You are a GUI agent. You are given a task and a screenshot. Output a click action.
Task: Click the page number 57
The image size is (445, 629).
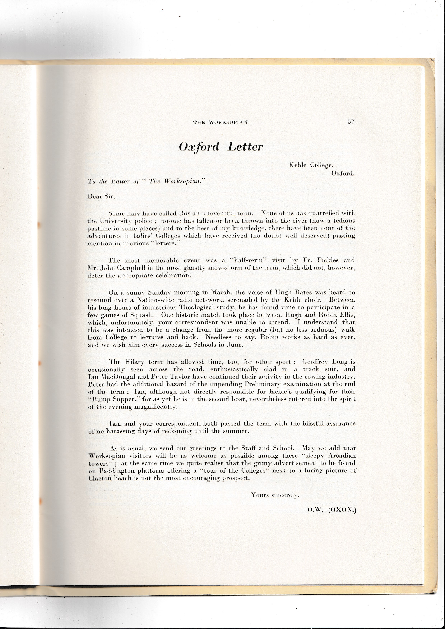tap(351, 122)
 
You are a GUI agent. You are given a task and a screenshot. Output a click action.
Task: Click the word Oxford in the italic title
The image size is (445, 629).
tap(199, 147)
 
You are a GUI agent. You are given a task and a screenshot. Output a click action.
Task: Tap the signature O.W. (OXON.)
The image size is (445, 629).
tap(331, 510)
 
